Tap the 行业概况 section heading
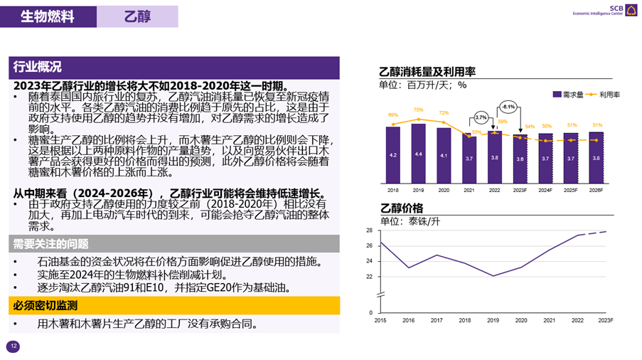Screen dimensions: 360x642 click(37, 67)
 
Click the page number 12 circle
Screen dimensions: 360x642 click(13, 346)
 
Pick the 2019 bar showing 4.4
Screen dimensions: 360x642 click(418, 153)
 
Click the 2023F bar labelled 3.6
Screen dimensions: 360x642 click(520, 159)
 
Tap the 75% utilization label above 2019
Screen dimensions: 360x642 click(418, 110)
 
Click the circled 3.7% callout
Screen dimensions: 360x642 click(481, 117)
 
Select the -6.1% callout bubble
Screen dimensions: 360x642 click(508, 107)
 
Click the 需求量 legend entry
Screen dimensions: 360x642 click(568, 94)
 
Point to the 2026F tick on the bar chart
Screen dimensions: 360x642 click(596, 191)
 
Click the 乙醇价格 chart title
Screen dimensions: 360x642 click(402, 208)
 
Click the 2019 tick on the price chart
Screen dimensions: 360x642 click(493, 321)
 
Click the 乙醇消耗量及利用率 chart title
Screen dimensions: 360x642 click(427, 72)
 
